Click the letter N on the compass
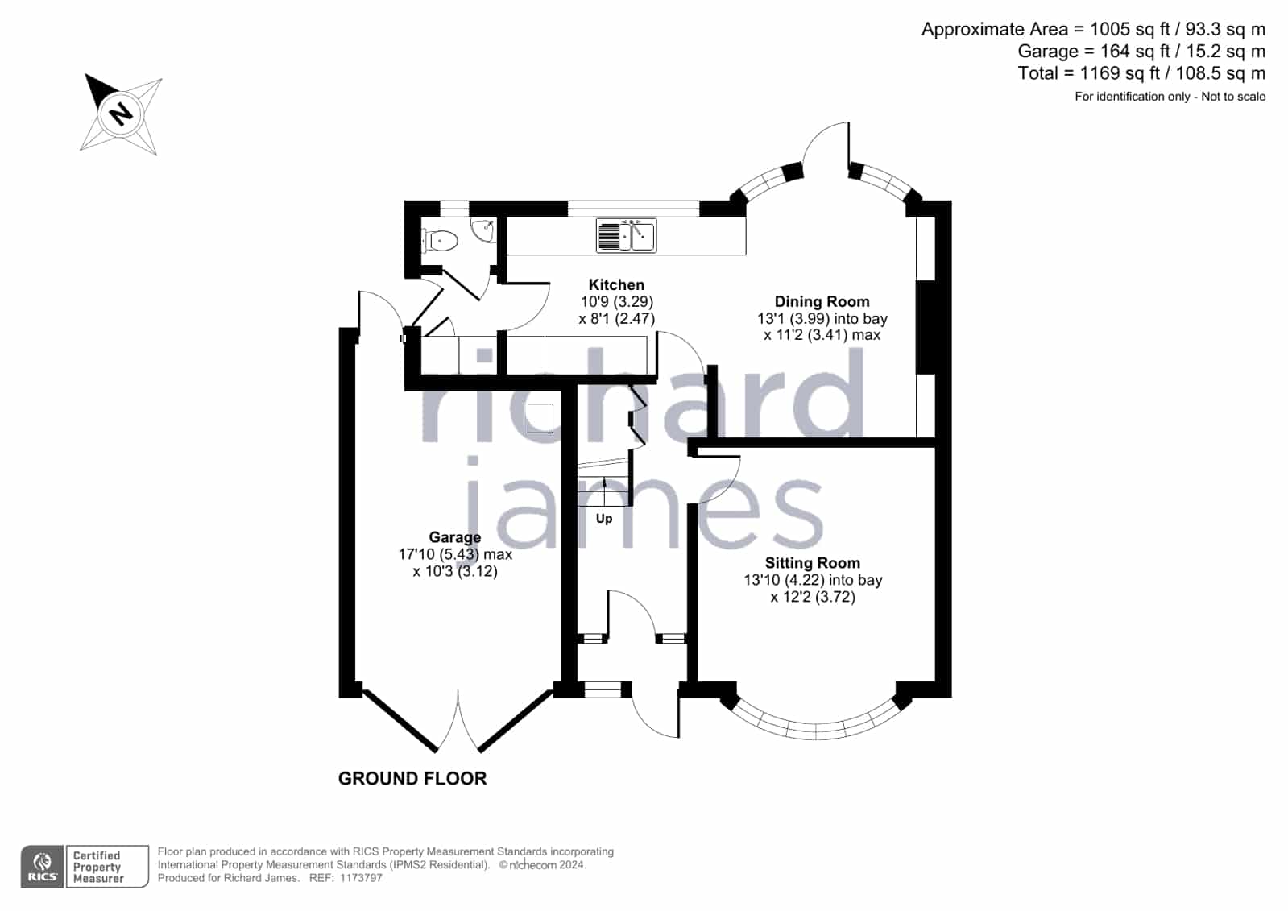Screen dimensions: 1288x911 121,114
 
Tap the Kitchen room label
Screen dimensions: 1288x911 616,284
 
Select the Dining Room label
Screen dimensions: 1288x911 822,302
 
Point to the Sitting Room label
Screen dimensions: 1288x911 813,563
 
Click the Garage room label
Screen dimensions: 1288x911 455,538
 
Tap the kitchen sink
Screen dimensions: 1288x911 626,235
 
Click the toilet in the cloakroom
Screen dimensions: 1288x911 441,240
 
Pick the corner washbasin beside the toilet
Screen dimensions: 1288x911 483,230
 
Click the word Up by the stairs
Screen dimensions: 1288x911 604,519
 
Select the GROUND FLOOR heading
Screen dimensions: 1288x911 412,779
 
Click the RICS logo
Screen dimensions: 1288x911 43,867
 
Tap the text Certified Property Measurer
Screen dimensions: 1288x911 97,867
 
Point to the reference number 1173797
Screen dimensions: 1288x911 361,878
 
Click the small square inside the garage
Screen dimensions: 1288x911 540,418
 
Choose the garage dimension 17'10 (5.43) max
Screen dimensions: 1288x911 455,554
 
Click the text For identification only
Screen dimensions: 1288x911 1133,97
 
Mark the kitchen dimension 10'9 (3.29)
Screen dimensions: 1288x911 616,302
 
